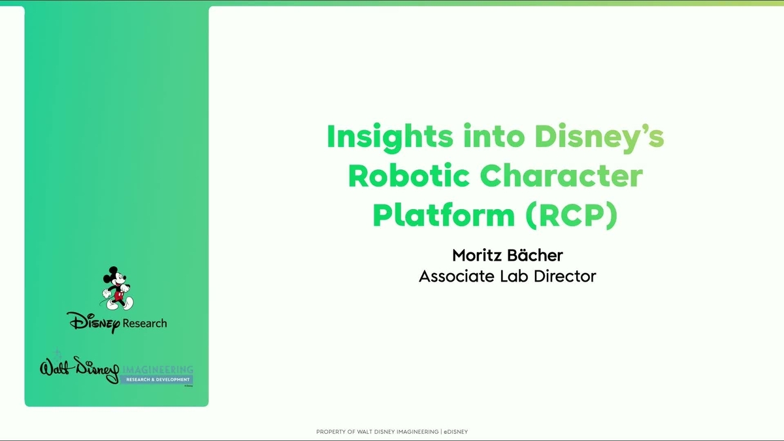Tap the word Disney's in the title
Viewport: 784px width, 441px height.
click(x=599, y=137)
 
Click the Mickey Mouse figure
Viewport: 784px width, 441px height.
click(x=117, y=288)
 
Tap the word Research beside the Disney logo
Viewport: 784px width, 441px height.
click(x=144, y=323)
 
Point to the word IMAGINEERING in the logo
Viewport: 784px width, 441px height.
click(x=157, y=369)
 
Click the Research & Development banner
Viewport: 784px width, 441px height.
click(x=156, y=380)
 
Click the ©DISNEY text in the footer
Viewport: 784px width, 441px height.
click(x=455, y=432)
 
